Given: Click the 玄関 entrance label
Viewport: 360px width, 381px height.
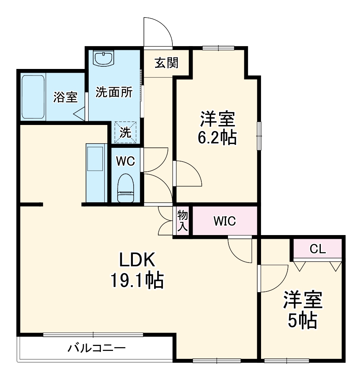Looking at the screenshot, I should (x=166, y=63).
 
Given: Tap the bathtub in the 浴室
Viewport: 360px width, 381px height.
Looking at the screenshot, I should (x=33, y=97).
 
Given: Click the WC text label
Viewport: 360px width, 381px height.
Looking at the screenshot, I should (x=125, y=162).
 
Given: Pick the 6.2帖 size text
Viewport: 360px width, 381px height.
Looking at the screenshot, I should (x=217, y=138).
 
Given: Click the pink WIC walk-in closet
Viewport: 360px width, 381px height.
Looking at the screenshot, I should (x=225, y=221).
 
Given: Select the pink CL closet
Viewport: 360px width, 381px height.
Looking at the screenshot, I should (x=317, y=249).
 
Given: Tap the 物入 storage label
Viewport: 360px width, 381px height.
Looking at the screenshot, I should (x=183, y=221).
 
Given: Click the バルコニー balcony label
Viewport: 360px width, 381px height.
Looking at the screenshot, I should (x=97, y=348).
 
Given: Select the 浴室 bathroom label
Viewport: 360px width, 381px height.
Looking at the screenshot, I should (x=65, y=97).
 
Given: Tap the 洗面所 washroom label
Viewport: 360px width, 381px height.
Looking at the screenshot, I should (x=114, y=92).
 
